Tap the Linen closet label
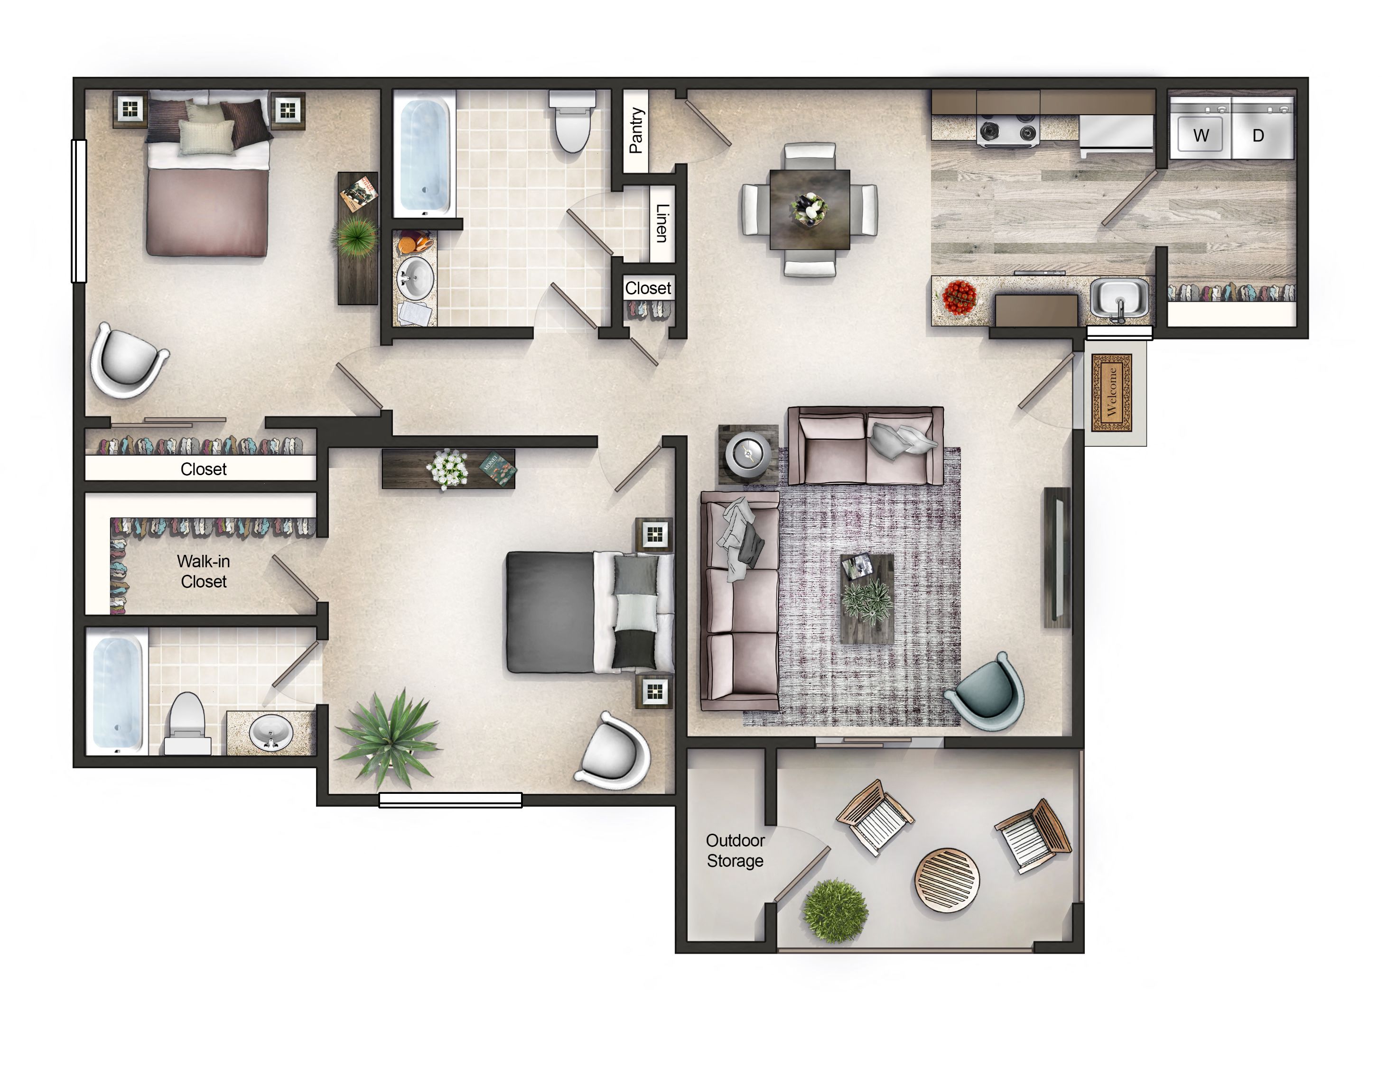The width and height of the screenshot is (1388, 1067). tap(661, 223)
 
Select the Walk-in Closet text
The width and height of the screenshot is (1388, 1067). tap(204, 571)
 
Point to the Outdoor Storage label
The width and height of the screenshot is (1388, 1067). tap(736, 850)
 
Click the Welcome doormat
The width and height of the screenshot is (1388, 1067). tap(1111, 393)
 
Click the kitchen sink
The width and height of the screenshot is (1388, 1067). tap(1119, 298)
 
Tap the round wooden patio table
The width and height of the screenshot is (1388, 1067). tap(947, 880)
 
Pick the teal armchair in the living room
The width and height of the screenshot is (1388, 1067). tap(987, 690)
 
